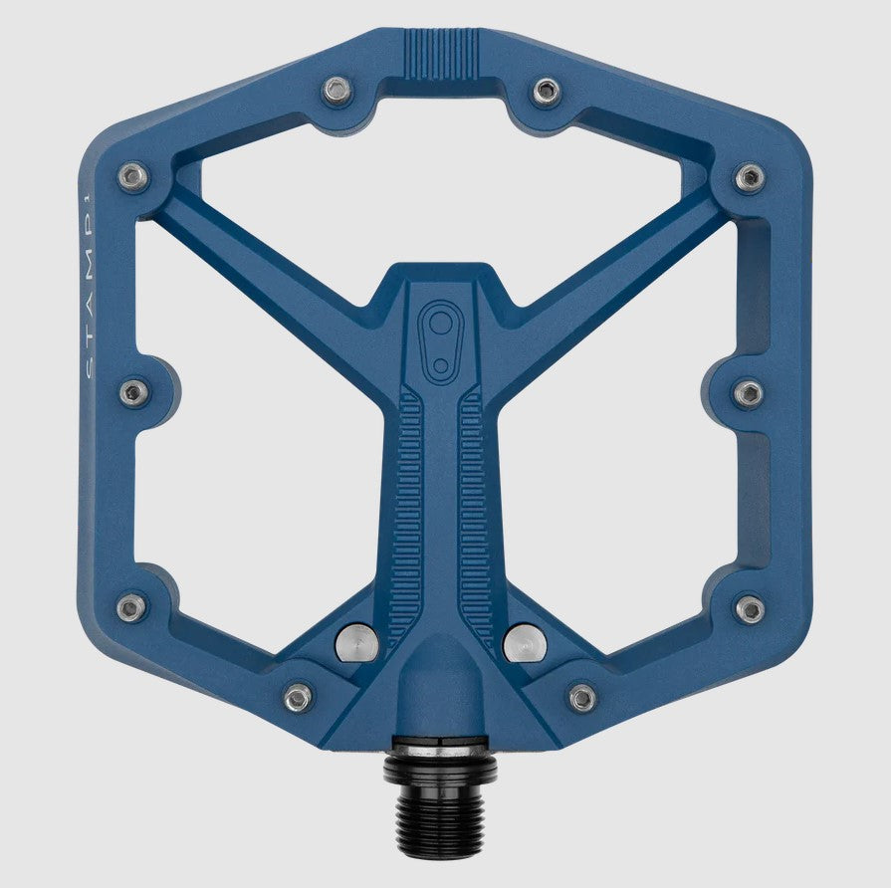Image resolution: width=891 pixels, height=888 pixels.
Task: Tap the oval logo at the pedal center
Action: pos(438,338)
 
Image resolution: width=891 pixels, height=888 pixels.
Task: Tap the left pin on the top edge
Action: pos(337,92)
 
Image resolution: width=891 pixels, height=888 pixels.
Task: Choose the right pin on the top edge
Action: pos(546,93)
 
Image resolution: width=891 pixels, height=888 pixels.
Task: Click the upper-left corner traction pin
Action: pos(132,178)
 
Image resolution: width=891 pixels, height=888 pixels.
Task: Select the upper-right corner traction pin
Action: pos(750,178)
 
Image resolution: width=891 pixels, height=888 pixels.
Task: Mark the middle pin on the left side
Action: pos(133,392)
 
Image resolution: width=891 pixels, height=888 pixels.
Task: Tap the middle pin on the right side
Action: pos(749,392)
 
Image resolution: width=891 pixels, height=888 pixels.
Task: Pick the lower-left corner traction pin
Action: pos(131,607)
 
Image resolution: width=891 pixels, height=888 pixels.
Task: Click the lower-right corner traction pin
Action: pos(750,608)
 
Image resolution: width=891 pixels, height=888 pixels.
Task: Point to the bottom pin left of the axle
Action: pos(297,697)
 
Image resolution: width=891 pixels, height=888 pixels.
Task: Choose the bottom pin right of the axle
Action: pos(582,697)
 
